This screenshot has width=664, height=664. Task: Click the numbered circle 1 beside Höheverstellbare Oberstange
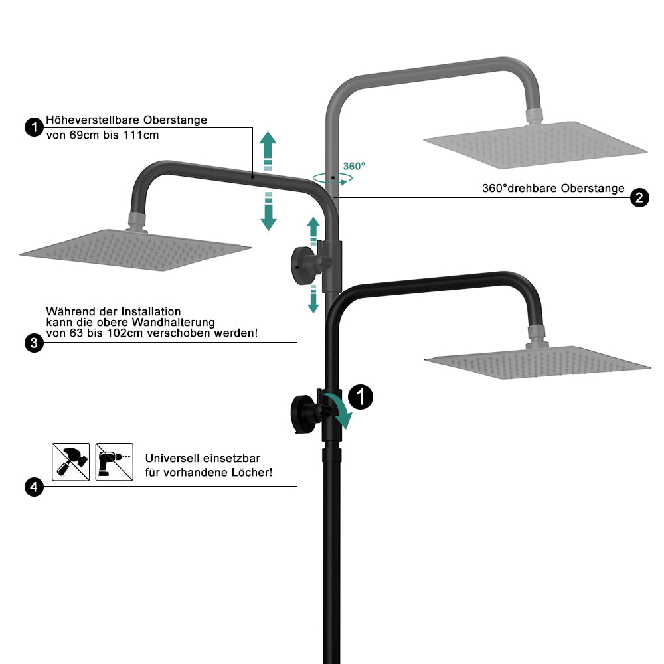click(35, 127)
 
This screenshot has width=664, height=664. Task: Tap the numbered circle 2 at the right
click(639, 198)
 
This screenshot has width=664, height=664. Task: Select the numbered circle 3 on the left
click(35, 343)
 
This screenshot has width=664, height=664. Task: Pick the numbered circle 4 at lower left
click(35, 487)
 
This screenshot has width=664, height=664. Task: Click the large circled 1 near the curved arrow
click(361, 397)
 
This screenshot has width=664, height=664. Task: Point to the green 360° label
click(354, 166)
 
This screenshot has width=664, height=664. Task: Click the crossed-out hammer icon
click(71, 462)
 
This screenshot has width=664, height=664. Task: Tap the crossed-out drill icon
click(114, 462)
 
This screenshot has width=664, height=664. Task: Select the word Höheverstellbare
click(92, 120)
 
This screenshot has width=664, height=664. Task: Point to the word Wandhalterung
click(173, 323)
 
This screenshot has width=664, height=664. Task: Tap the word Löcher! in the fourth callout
click(251, 473)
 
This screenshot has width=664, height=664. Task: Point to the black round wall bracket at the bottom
click(303, 414)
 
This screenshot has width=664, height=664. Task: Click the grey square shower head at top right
click(535, 145)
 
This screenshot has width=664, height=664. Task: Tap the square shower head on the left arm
click(135, 250)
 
